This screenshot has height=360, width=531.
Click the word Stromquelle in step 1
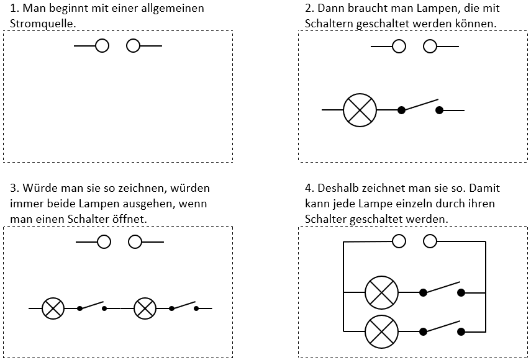pos(43,24)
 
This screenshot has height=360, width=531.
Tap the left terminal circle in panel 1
pos(102,46)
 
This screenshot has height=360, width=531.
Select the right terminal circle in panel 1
pos(133,46)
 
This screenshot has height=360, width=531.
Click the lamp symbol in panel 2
pos(360,110)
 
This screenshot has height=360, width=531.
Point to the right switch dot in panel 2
pos(439,110)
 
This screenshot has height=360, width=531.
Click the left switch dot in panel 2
pos(401,110)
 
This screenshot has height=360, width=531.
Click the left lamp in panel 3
pos(53,308)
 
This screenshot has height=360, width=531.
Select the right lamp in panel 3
pos(145,308)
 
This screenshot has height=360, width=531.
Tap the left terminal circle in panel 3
pos(104,242)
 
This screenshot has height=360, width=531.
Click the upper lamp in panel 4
pos(381,293)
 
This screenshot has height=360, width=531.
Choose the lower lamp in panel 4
pos(381,331)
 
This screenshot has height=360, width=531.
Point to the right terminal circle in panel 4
pos(430,241)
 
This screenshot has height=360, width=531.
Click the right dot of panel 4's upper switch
pos(461,293)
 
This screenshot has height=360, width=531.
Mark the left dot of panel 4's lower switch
pos(423,331)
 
